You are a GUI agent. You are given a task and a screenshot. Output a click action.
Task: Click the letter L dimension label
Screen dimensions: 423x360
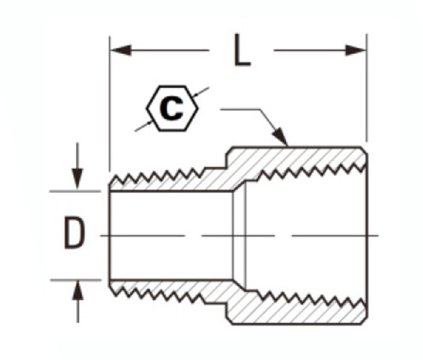(243, 50)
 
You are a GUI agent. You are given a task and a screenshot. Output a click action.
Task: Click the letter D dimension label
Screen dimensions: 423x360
(74, 232)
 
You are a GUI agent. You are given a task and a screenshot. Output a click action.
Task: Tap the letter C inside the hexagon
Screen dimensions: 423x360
(171, 108)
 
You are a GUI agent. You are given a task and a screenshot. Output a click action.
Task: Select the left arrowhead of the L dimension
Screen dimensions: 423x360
(121, 51)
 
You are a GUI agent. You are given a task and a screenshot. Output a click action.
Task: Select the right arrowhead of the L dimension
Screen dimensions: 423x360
(356, 51)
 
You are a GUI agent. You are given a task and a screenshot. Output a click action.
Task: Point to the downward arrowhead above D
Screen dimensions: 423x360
(77, 178)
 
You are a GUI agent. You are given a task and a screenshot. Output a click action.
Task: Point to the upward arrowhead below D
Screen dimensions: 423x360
(78, 292)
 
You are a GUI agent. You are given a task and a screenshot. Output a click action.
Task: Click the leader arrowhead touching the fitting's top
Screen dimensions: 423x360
(281, 137)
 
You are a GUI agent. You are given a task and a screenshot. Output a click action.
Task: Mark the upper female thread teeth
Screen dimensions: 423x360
(311, 171)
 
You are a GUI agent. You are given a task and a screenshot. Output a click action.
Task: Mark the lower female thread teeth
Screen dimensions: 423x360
(311, 299)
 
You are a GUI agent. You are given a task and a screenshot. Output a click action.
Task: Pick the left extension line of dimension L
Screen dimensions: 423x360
(109, 103)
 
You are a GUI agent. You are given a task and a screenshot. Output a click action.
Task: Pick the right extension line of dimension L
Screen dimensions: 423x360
(366, 87)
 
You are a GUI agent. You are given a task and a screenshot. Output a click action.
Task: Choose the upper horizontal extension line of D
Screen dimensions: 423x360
(75, 191)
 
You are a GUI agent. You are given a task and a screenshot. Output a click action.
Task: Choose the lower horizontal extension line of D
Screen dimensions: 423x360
(76, 280)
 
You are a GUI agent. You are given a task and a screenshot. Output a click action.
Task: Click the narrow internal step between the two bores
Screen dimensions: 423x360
(239, 236)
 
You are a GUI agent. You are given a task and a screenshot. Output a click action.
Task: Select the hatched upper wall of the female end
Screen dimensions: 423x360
(299, 158)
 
